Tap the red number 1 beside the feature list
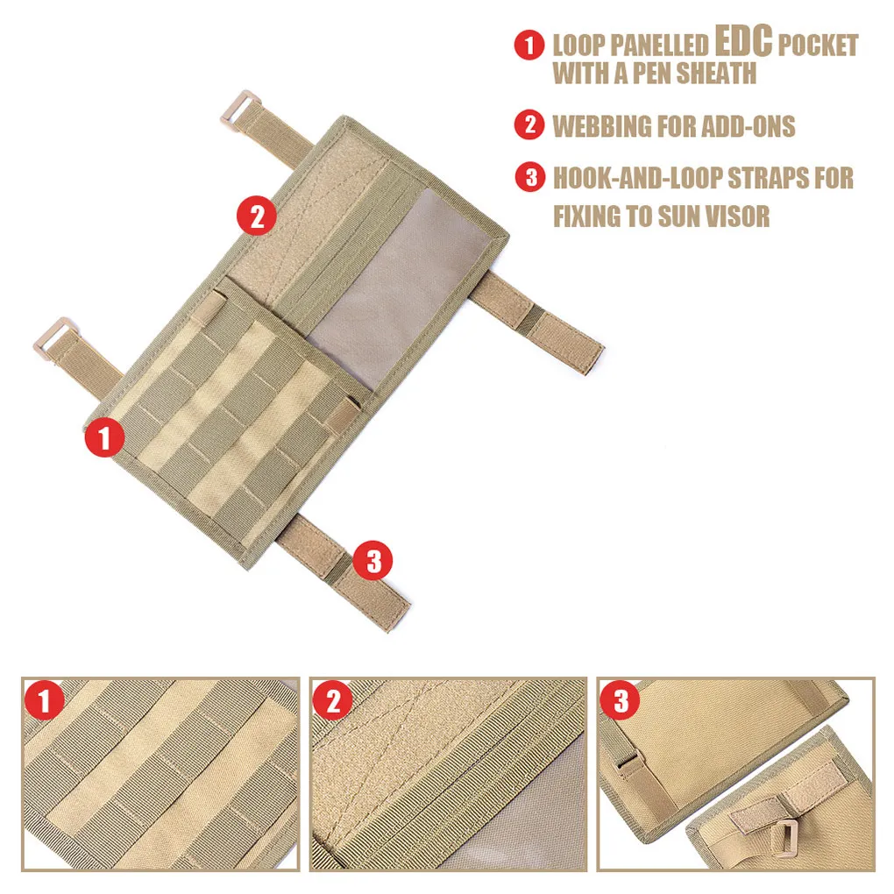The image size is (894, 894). (x=529, y=45)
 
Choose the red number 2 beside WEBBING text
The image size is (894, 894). (x=529, y=124)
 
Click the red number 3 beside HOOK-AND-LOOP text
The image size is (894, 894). (x=530, y=177)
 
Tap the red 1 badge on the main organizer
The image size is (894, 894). (x=104, y=438)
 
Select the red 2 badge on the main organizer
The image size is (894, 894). (x=257, y=216)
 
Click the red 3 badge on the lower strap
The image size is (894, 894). (x=372, y=560)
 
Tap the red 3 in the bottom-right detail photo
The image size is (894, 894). (x=621, y=700)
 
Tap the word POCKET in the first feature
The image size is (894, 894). (x=818, y=45)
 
